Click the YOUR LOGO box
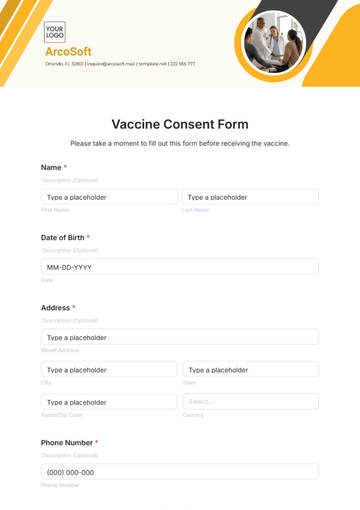[54, 31]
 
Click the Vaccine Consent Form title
[180, 124]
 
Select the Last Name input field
[250, 197]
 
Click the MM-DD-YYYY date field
[180, 267]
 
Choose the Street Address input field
[180, 337]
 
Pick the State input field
[250, 369]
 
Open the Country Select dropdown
[250, 401]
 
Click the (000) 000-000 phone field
[180, 472]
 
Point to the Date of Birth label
[63, 237]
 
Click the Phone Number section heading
[67, 442]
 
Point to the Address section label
[55, 308]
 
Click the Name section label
[51, 167]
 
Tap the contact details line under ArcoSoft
[120, 63]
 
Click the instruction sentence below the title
[180, 143]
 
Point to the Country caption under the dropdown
[193, 414]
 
